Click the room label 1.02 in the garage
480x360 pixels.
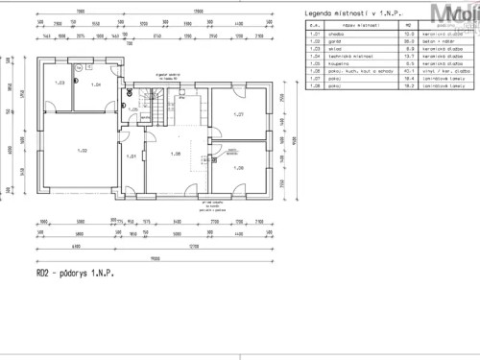[84, 150]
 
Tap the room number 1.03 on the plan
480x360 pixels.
[60, 84]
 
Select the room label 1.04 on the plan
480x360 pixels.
[96, 85]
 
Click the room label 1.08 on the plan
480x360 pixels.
[239, 169]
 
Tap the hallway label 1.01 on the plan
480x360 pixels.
[132, 156]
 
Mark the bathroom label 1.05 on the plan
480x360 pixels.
[133, 109]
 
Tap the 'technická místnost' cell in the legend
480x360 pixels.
[343, 57]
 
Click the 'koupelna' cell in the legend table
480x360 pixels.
[334, 64]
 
